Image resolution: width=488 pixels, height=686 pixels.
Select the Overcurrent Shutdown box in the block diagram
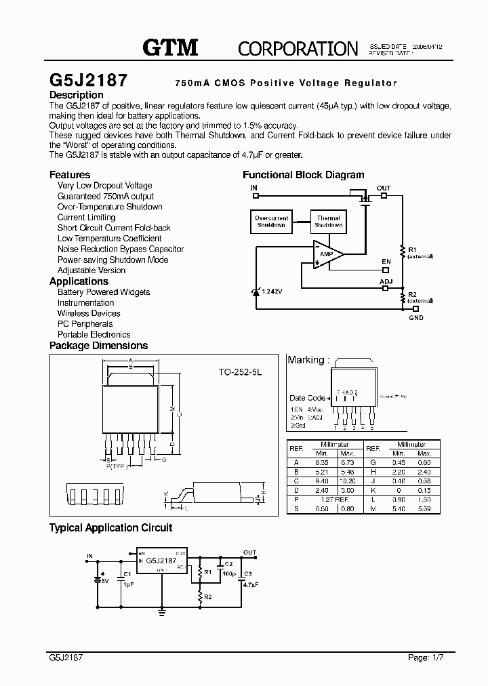tap(271, 222)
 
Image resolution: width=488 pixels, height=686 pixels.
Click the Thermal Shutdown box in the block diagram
tap(328, 222)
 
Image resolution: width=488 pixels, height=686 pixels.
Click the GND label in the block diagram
tap(416, 317)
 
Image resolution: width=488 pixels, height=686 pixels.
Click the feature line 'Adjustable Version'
tap(91, 270)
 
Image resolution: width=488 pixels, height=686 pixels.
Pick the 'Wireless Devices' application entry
tap(89, 313)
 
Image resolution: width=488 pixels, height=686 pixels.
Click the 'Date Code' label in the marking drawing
tap(307, 398)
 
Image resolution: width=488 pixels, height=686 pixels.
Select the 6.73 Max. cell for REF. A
tap(348, 462)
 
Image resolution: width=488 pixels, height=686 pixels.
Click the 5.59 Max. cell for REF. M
tap(424, 508)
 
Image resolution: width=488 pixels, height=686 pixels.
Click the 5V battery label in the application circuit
tap(104, 581)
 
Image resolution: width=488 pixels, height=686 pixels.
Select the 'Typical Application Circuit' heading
tap(111, 527)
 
